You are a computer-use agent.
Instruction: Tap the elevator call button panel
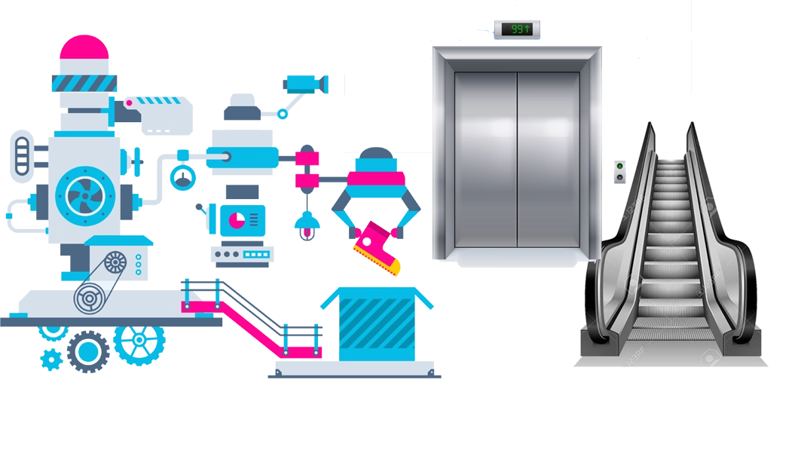tap(620, 172)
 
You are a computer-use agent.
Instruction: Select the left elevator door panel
tap(485, 160)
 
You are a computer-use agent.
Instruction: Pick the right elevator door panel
tap(548, 160)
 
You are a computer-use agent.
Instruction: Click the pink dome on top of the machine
tap(84, 48)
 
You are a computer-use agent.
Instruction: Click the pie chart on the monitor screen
tap(236, 219)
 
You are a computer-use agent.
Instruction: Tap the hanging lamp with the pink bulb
tap(306, 225)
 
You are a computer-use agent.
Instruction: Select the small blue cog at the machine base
tap(50, 359)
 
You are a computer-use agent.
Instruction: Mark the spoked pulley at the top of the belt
tap(115, 263)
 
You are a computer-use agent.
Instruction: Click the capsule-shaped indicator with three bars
tap(21, 154)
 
